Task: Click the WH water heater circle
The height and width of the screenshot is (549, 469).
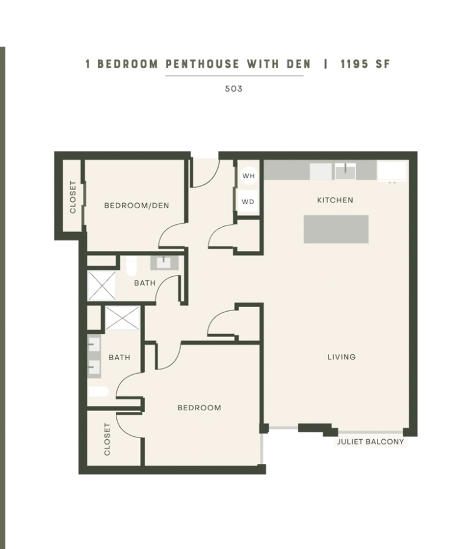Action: pos(248,176)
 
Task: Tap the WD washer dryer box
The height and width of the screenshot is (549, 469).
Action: pos(248,201)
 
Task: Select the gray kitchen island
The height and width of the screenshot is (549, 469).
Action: pos(336,229)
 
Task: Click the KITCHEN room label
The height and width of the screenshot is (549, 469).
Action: pos(335,200)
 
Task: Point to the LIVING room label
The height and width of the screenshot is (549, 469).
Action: pos(341,357)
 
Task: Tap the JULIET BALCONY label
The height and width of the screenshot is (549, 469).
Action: pos(370,442)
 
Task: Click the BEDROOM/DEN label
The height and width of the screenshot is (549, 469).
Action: pos(136,205)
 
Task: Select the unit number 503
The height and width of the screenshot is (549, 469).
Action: pos(234,89)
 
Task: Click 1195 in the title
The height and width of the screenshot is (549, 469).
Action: pos(354,64)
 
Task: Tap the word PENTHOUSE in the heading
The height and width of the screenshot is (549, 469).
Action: pos(203,64)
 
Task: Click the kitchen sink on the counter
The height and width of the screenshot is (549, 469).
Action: pos(345,171)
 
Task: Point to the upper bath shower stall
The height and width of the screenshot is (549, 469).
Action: pos(102,286)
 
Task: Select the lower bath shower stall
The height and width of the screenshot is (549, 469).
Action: pos(123,318)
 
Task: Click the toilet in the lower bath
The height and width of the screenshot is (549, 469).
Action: pos(98,391)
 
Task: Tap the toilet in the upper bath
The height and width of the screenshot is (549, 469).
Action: pos(131,266)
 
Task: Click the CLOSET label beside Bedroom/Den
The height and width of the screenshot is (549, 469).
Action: pos(73,197)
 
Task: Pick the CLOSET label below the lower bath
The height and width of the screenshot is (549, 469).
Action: pos(107,439)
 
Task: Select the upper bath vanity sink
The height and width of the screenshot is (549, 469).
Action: pos(164,263)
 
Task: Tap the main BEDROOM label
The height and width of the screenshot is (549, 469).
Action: pos(199,407)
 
